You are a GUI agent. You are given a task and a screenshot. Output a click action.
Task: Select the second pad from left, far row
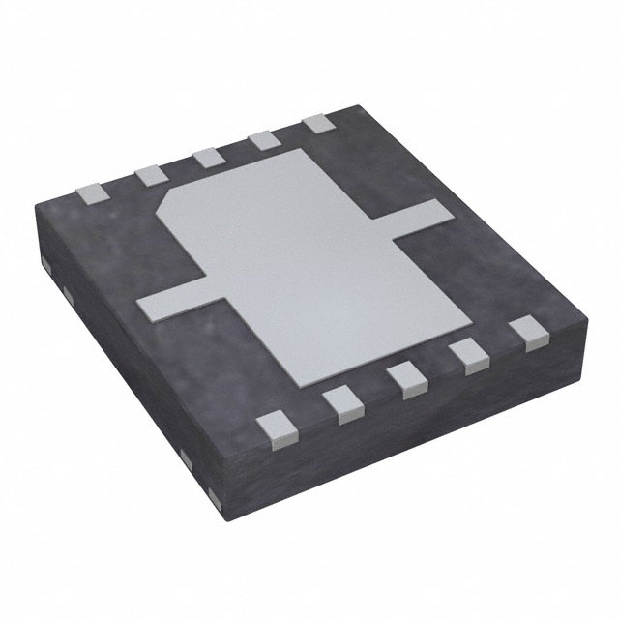coord(149,174)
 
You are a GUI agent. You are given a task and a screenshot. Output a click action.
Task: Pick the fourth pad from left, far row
coord(262,141)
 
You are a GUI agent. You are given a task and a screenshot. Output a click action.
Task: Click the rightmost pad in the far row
coord(316,125)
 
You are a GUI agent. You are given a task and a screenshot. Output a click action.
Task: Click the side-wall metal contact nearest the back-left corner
coord(48,261)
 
